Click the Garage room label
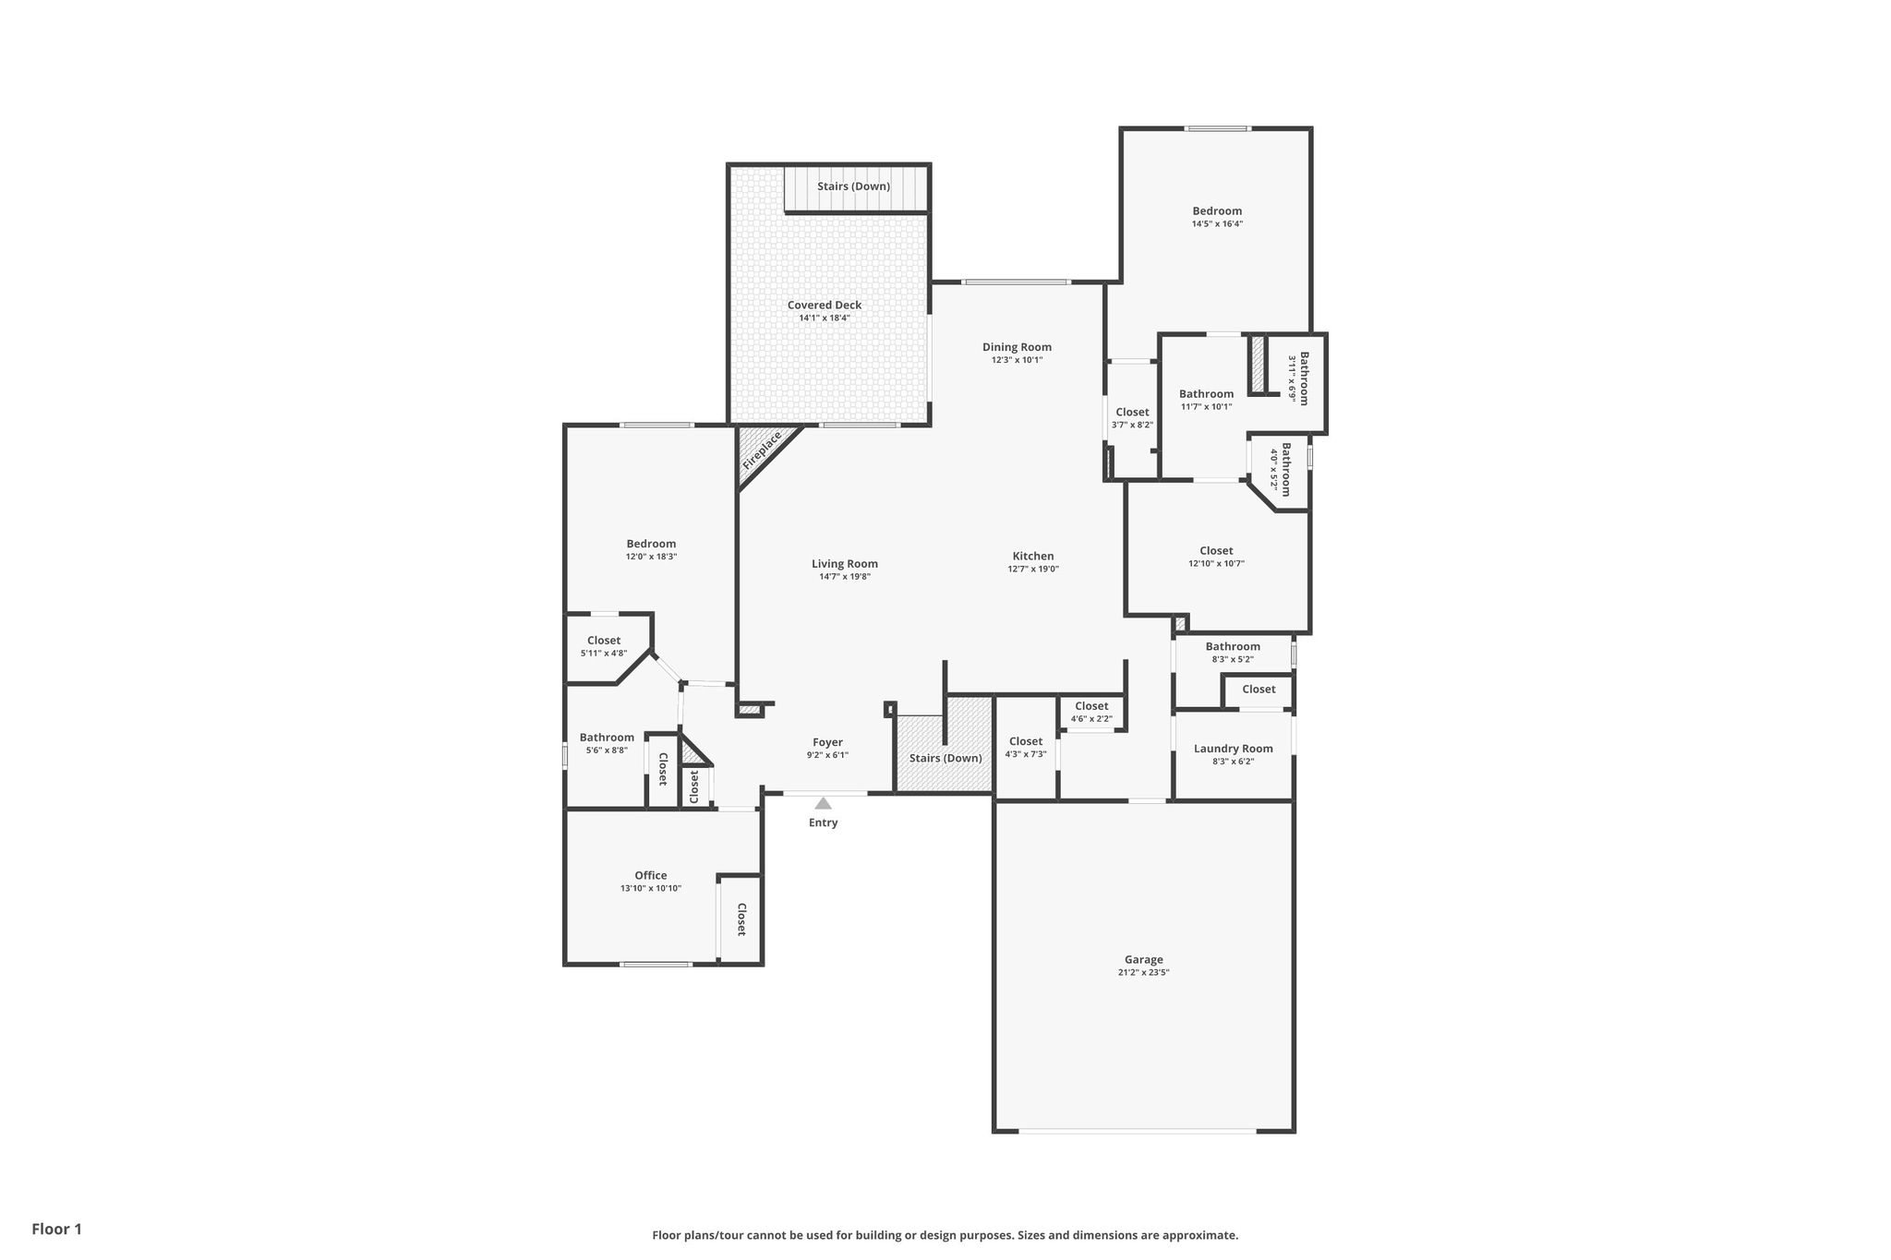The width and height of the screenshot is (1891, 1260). click(x=1143, y=959)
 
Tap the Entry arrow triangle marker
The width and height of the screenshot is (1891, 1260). click(x=823, y=803)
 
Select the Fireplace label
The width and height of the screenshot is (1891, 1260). click(x=762, y=450)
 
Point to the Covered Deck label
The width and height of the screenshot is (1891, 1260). click(x=825, y=305)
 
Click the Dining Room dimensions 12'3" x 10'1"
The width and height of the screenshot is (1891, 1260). click(x=1017, y=360)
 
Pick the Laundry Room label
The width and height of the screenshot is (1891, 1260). click(x=1233, y=749)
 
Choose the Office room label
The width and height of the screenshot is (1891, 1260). click(x=650, y=875)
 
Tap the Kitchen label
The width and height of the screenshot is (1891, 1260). click(x=1033, y=556)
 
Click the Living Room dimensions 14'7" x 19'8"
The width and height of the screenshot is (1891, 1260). click(x=845, y=577)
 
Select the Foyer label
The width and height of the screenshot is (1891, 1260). click(x=827, y=742)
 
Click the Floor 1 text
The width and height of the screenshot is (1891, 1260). click(x=56, y=1229)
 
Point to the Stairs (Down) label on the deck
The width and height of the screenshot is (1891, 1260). click(x=853, y=186)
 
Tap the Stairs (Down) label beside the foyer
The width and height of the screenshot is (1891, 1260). click(x=945, y=758)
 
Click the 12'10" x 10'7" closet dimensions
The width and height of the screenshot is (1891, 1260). click(x=1216, y=564)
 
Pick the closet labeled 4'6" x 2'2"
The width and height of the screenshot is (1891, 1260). click(x=1091, y=706)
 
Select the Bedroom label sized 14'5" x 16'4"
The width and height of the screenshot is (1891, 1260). click(x=1217, y=210)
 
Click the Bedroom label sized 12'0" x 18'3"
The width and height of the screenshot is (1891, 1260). click(x=651, y=544)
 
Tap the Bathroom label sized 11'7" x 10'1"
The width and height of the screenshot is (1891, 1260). click(x=1206, y=393)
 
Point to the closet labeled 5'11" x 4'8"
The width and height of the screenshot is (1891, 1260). click(x=604, y=641)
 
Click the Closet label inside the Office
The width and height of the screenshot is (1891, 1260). click(x=741, y=919)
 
